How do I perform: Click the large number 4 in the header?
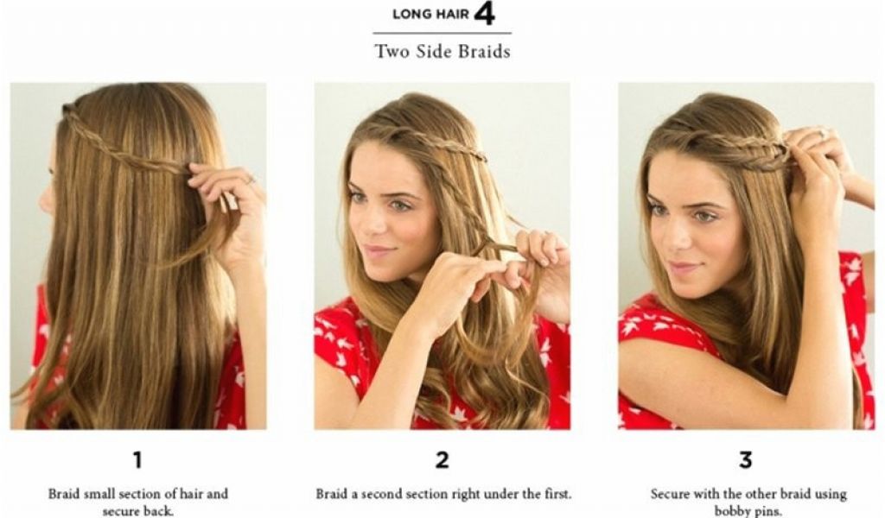[x=485, y=14]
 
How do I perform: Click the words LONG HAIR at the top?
[x=430, y=14]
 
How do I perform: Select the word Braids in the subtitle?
[x=484, y=51]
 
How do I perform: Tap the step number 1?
[x=137, y=460]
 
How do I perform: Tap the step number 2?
[x=442, y=460]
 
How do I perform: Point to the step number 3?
[x=746, y=460]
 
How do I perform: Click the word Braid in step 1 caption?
[x=64, y=494]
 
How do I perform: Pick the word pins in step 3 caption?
[x=768, y=512]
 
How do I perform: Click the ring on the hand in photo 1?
[x=251, y=180]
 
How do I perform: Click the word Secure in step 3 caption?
[x=670, y=494]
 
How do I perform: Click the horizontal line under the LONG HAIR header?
[x=442, y=34]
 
